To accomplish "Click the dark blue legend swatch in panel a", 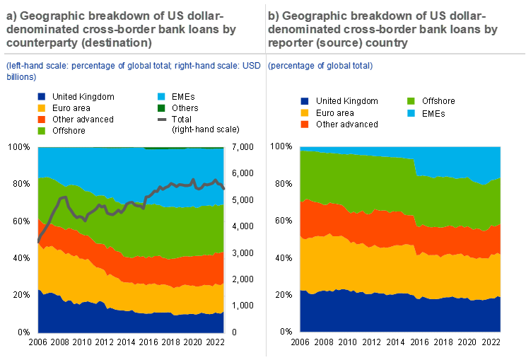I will [42, 96].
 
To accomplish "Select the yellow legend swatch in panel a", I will [42, 108].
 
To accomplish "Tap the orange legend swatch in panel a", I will [42, 120].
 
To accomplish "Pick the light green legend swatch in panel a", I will [42, 131].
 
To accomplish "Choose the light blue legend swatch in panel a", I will [162, 96].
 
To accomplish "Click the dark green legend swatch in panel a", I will [162, 108].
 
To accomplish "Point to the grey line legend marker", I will [162, 120].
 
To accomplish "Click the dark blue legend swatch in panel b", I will [305, 101].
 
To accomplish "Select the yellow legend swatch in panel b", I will [305, 112].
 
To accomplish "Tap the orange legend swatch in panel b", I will [305, 124].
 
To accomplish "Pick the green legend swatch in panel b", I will [411, 101].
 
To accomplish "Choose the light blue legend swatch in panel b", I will [411, 112].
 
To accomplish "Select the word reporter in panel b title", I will [291, 42].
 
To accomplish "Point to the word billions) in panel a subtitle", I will [21, 76].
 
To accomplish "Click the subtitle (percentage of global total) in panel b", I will [320, 66].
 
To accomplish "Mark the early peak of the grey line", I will [64, 197].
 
